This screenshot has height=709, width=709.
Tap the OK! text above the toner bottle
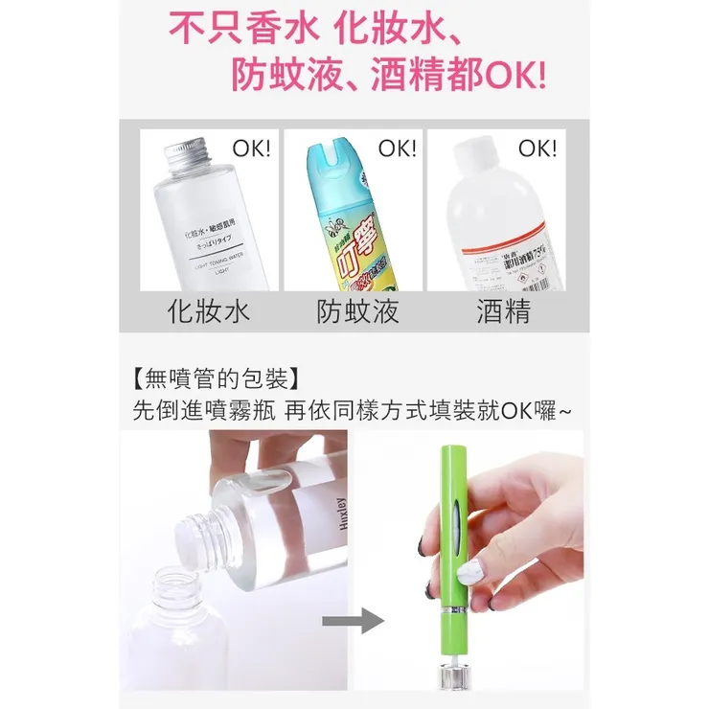click(252, 149)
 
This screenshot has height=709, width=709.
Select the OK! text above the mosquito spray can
click(398, 149)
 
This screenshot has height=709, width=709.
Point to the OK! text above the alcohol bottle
click(537, 149)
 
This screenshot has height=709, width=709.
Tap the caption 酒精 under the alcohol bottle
click(503, 311)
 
